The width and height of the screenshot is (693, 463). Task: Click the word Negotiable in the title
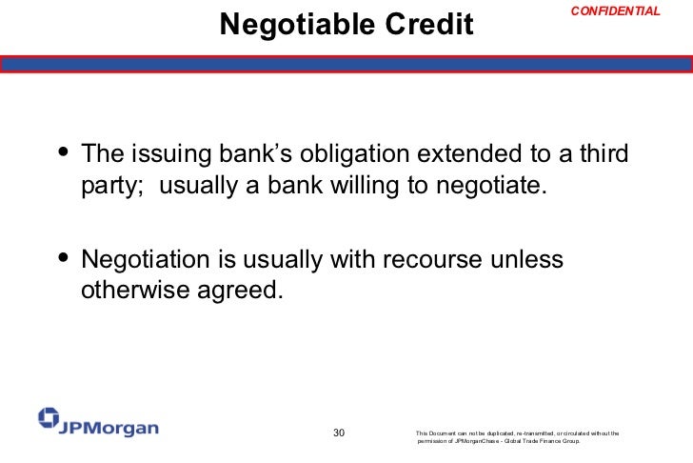[x=289, y=26]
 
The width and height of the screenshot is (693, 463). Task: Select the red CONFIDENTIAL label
[x=615, y=11]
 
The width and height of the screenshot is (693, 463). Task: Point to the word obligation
[x=348, y=154]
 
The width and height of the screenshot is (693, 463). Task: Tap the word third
[x=604, y=154]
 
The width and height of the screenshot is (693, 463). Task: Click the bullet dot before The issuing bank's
[x=64, y=153]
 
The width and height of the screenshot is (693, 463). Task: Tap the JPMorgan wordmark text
[x=110, y=428]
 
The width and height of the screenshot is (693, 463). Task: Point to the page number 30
[x=338, y=433]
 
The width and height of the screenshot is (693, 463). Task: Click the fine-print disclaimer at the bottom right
[x=518, y=437]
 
